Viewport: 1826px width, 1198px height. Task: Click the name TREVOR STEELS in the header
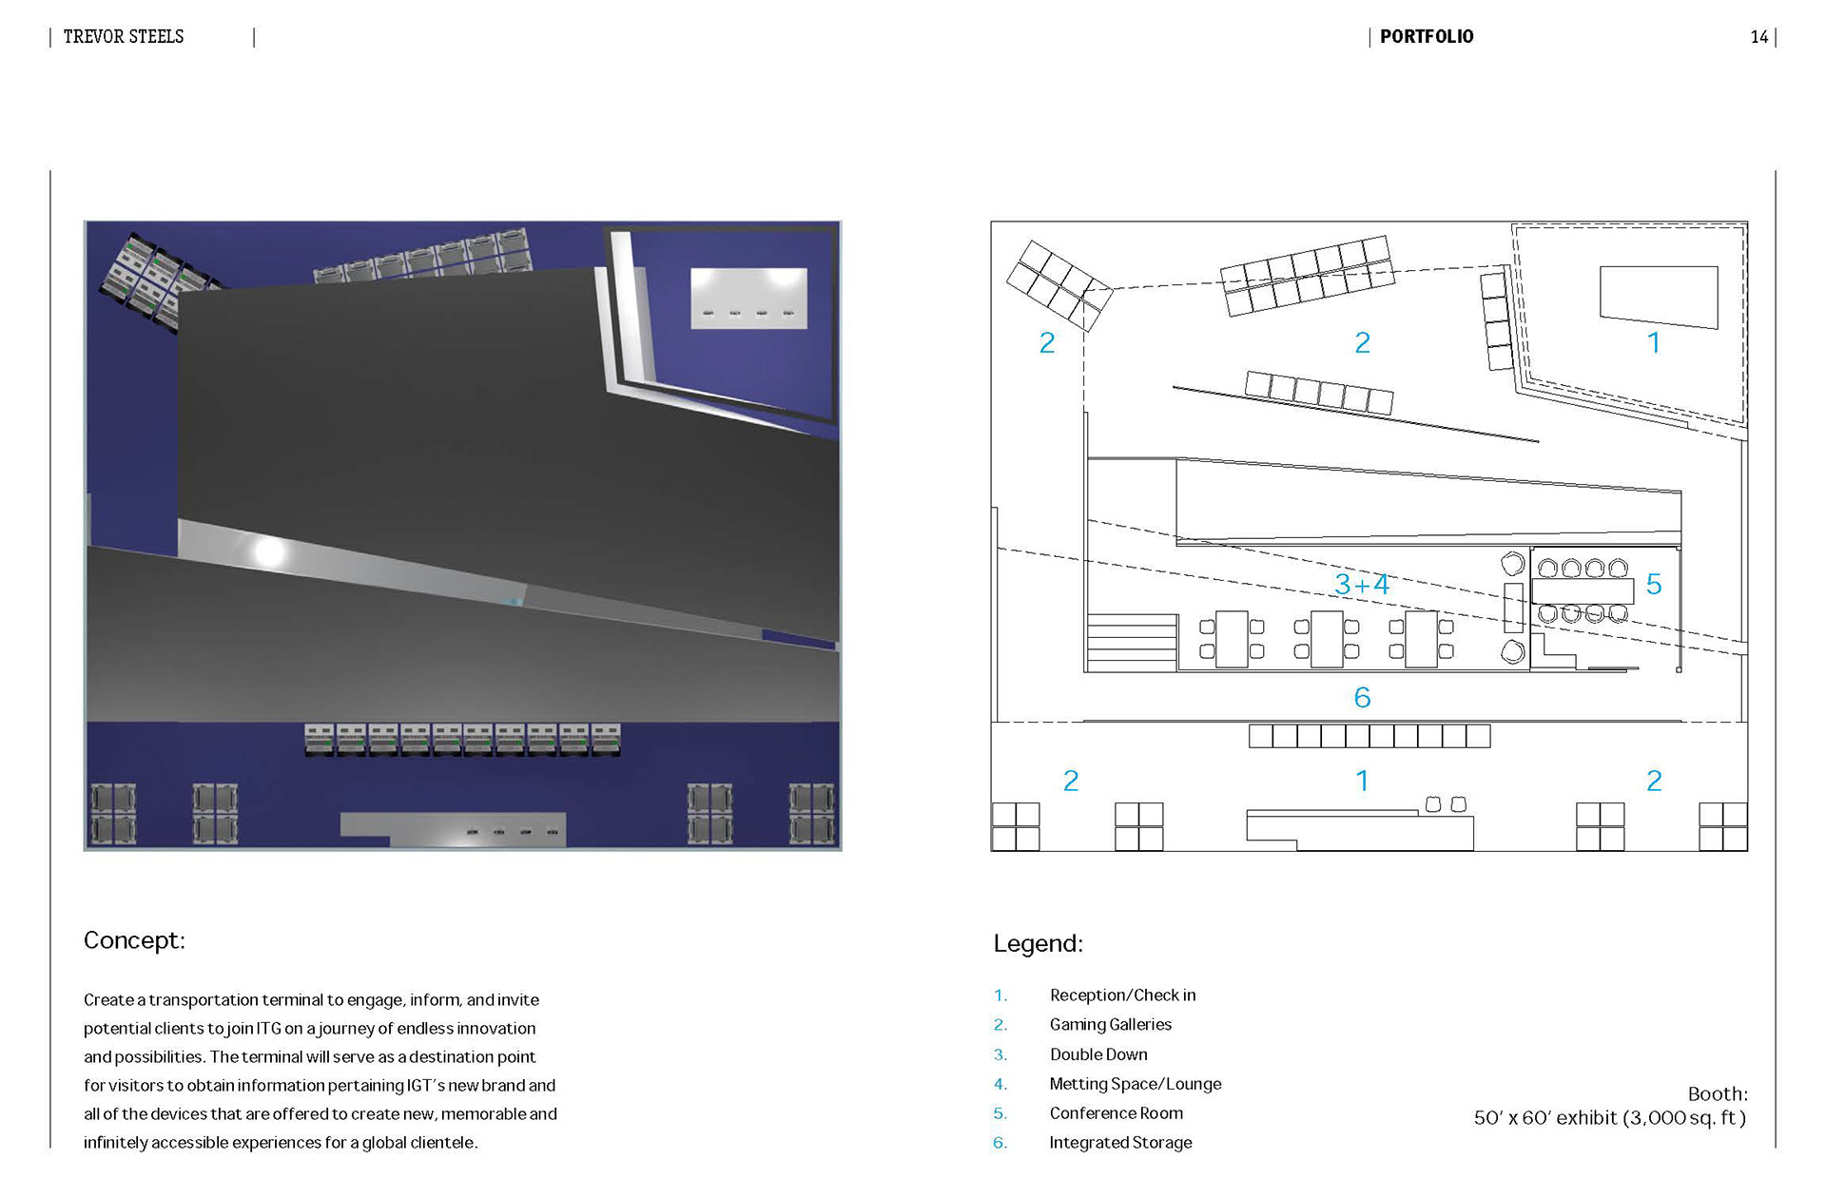(x=124, y=37)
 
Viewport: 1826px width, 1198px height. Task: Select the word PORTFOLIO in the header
(x=1426, y=37)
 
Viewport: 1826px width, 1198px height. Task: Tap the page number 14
(x=1758, y=37)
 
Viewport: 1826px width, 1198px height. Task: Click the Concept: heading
(x=134, y=940)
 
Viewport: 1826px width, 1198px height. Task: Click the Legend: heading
(x=1038, y=943)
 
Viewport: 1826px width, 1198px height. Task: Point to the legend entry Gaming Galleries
(x=1110, y=1024)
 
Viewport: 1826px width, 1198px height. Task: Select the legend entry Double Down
(x=1098, y=1054)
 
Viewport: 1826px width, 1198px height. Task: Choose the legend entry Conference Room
(x=1116, y=1113)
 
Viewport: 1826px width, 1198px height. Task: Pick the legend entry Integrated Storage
(x=1120, y=1143)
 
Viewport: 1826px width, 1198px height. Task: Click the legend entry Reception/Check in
(x=1122, y=995)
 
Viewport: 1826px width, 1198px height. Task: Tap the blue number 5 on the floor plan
(x=1654, y=585)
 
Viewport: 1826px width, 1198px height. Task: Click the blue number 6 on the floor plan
(x=1362, y=698)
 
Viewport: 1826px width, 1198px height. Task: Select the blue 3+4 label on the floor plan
(x=1362, y=584)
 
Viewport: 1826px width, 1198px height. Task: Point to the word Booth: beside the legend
(x=1717, y=1093)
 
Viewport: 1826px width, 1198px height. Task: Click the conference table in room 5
(x=1583, y=590)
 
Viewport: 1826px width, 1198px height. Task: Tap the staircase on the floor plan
(x=1132, y=643)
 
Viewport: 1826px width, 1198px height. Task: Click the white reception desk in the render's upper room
(x=748, y=298)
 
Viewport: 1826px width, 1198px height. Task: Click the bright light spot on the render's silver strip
(x=268, y=551)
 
